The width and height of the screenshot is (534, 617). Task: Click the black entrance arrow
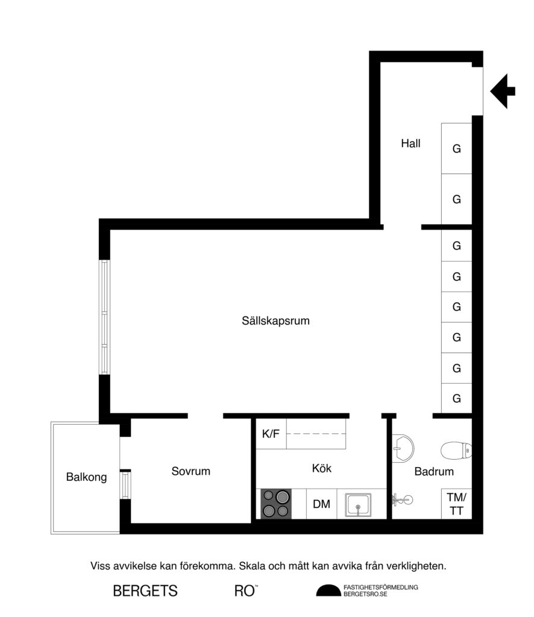pos(503,91)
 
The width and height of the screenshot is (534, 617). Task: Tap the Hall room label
pos(410,144)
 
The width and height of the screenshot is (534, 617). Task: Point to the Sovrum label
pos(191,471)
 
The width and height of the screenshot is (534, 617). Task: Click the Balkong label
pos(87,477)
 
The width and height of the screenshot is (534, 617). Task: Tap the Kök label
pos(322,468)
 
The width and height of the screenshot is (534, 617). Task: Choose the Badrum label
pos(434,472)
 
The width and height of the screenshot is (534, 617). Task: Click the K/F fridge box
pos(271,434)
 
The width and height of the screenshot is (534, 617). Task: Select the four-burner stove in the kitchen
pos(276,504)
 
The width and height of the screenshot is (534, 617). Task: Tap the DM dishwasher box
pos(322,504)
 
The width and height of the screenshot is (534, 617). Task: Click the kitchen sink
pos(358,504)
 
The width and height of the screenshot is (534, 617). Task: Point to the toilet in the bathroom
pos(457,450)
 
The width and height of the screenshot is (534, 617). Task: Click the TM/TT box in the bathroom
pos(457,504)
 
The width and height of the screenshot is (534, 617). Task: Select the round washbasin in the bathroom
pos(403,447)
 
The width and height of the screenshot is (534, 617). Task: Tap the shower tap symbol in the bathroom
pos(401,499)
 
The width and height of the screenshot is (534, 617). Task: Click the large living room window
pos(105,317)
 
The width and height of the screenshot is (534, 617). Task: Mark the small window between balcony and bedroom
pos(125,484)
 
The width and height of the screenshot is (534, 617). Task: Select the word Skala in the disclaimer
pos(252,566)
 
